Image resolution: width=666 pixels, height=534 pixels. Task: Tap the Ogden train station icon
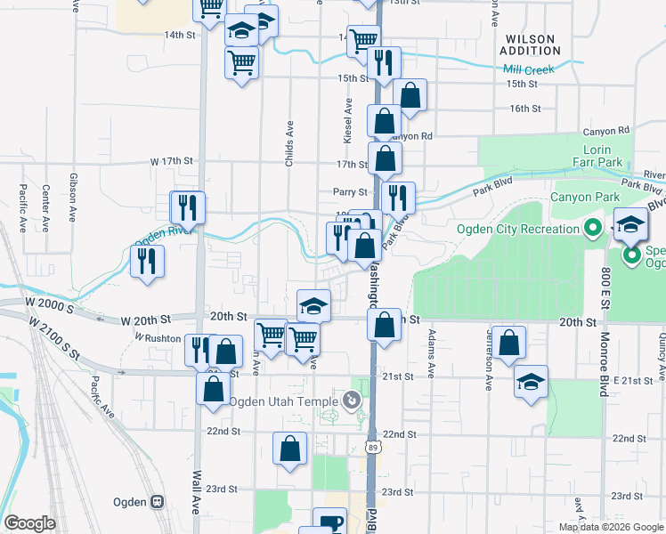[x=158, y=501]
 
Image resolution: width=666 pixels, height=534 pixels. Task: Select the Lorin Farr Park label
[x=603, y=156]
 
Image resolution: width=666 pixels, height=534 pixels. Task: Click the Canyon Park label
[x=580, y=197]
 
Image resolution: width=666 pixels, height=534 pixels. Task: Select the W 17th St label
[x=172, y=161]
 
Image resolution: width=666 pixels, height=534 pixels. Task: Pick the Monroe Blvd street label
[x=604, y=356]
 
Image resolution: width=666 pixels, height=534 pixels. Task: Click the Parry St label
[x=350, y=191]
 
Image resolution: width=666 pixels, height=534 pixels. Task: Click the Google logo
[x=29, y=523]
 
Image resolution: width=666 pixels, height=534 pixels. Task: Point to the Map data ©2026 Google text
[x=610, y=527]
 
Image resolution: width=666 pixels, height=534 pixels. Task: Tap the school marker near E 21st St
[x=532, y=382]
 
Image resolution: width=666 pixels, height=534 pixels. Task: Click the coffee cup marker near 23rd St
[x=329, y=522]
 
